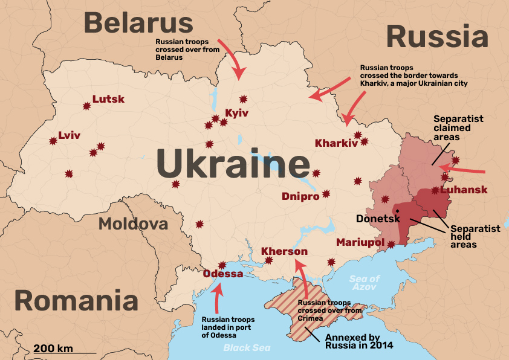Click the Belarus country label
(x=138, y=24)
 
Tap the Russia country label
(x=437, y=37)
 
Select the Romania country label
(x=76, y=300)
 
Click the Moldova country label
(x=133, y=224)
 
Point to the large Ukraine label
(x=233, y=163)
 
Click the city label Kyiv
(x=236, y=113)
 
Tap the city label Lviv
(x=69, y=135)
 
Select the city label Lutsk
(x=108, y=99)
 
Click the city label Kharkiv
(x=336, y=143)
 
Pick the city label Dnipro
(x=300, y=196)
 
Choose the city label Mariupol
(x=360, y=242)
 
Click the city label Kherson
(x=284, y=251)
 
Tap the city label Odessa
(x=223, y=274)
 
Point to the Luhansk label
(x=464, y=190)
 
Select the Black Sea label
(x=247, y=347)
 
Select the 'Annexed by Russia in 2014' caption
(x=359, y=341)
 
